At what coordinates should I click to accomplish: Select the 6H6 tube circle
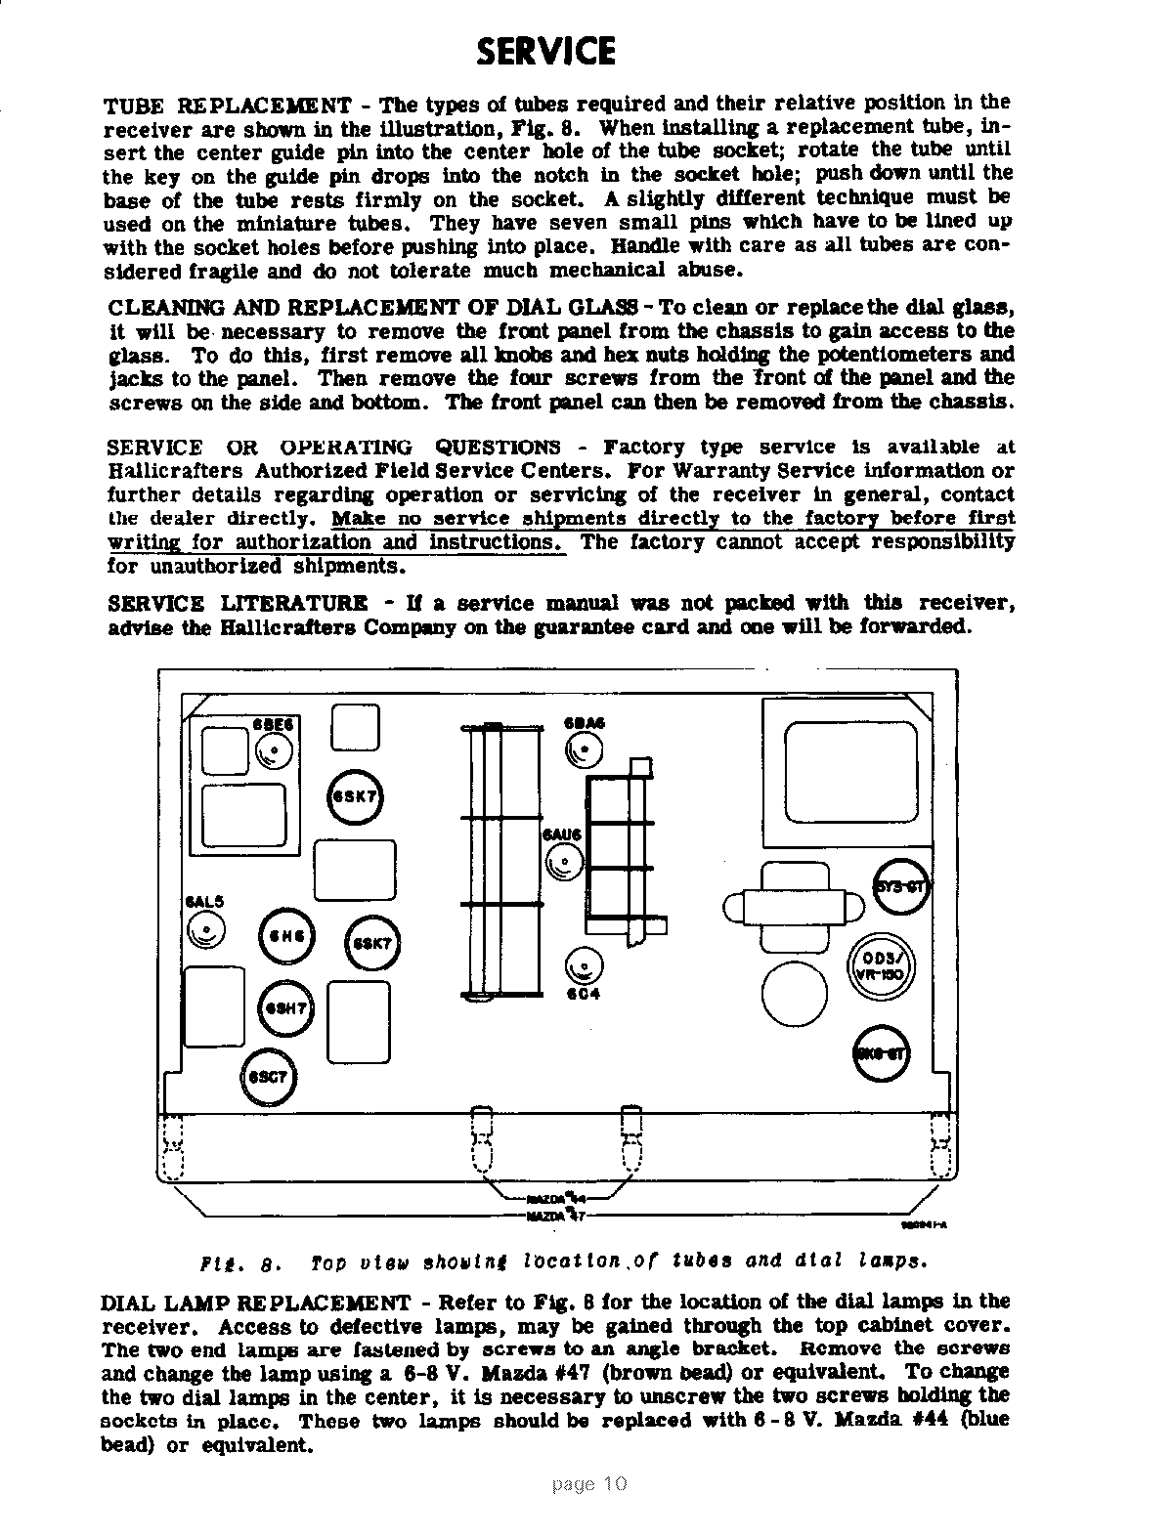pyautogui.click(x=285, y=936)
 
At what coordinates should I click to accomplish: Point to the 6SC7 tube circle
pyautogui.click(x=267, y=1077)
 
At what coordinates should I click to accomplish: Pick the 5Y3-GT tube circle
pyautogui.click(x=901, y=886)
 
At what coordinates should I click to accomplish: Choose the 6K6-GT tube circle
pyautogui.click(x=882, y=1053)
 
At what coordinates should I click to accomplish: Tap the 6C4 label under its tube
pyautogui.click(x=583, y=995)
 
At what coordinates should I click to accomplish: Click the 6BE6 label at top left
pyautogui.click(x=274, y=724)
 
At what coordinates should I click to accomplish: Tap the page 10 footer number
pyautogui.click(x=589, y=1484)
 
